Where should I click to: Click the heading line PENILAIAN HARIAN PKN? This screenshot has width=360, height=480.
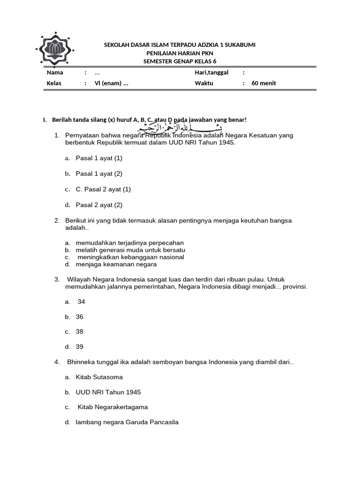pos(180,53)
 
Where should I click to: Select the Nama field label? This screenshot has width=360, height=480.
pos(55,73)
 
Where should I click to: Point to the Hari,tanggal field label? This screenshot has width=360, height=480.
pos(211,73)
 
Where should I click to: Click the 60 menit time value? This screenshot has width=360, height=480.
pos(263,83)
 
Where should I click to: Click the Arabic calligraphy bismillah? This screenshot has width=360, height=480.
pos(180,128)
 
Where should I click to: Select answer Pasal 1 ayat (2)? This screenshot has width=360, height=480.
pos(99,174)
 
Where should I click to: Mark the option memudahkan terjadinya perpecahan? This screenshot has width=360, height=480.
pos(130,243)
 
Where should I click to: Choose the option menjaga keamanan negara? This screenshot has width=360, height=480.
pos(116,264)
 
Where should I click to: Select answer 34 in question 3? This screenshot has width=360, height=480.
pos(81,302)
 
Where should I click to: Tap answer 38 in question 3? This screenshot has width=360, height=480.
pos(80,332)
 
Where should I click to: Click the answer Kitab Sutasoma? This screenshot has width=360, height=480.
pos(99,377)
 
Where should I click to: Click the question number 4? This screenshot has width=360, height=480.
pos(57,362)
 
